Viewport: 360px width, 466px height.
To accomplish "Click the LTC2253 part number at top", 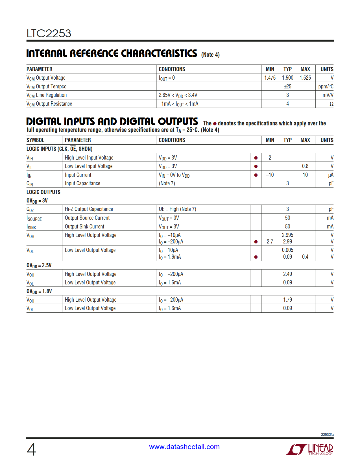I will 49,34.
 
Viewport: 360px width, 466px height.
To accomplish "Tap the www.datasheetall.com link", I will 184,447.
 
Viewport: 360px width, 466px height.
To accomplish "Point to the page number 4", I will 31,449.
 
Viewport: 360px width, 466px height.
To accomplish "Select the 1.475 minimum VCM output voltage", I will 270,78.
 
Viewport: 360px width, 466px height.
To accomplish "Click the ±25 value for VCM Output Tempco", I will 287,86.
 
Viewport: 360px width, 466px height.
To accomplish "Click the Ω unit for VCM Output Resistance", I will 331,104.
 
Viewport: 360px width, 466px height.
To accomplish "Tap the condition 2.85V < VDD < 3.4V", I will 178,95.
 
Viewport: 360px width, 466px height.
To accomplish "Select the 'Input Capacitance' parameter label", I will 82,184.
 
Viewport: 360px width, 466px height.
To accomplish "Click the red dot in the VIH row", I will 256,158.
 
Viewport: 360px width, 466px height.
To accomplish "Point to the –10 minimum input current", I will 270,175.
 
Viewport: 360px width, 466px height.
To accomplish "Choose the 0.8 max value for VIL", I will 305,166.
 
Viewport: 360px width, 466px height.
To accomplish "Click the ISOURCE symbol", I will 34,218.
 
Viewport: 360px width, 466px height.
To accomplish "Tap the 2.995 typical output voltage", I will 287,235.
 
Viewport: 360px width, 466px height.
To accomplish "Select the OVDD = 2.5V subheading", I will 39,265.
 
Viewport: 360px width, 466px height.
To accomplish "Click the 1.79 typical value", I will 287,300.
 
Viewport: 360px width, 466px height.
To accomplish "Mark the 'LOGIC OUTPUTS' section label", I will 43,192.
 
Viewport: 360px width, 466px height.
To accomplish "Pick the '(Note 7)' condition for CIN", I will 167,184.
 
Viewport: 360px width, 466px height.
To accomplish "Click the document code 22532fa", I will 327,435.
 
